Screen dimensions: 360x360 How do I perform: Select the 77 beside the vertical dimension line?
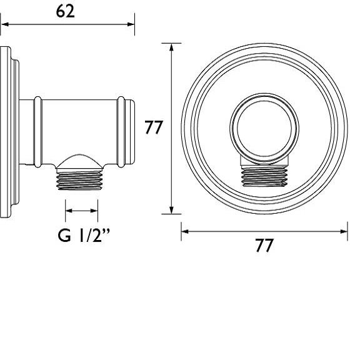click(154, 128)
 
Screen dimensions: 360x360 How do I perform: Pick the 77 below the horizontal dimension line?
click(264, 246)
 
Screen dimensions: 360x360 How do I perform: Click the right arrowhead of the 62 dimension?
click(131, 25)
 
